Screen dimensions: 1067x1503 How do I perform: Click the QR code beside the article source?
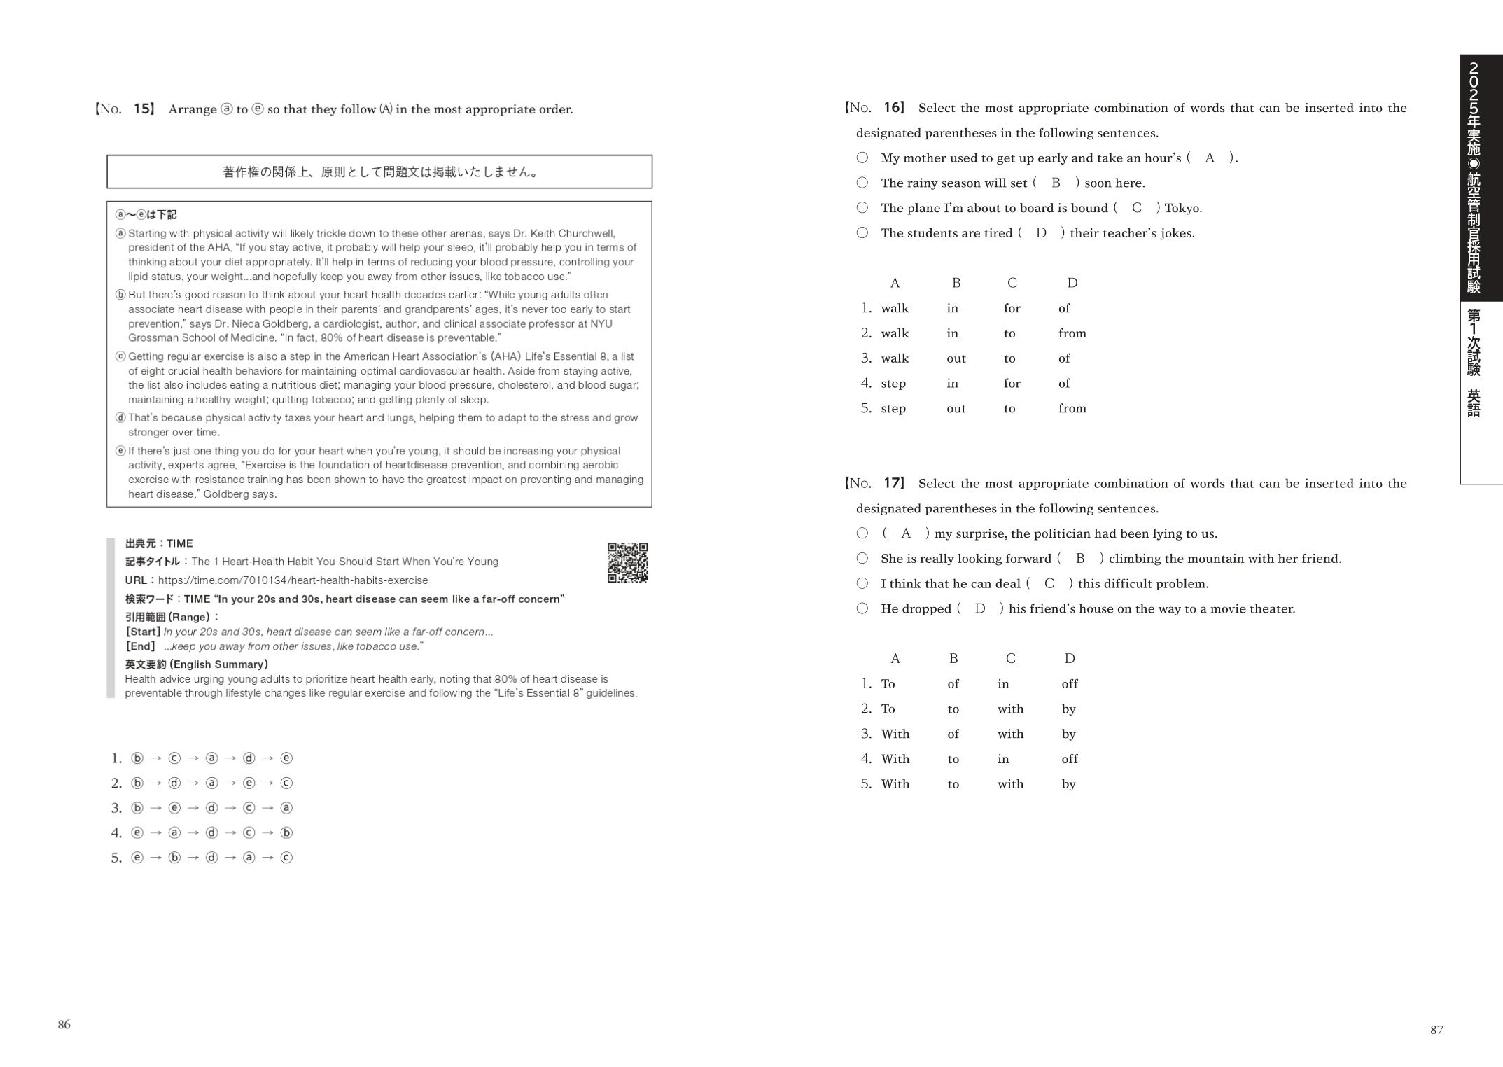click(x=627, y=562)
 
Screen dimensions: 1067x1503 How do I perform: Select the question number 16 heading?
click(x=876, y=108)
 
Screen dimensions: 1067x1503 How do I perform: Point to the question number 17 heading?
click(x=876, y=483)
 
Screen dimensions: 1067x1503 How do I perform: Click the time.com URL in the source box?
click(x=293, y=580)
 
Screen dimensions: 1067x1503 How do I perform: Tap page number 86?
click(x=64, y=1024)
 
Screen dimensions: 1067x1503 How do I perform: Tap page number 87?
click(x=1436, y=1030)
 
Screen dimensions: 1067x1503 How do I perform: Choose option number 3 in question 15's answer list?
click(x=116, y=808)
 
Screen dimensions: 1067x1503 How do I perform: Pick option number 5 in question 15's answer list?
click(x=116, y=858)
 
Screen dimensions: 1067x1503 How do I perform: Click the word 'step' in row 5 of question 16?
click(x=893, y=408)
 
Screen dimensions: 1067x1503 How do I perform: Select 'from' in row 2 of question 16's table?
click(x=1072, y=333)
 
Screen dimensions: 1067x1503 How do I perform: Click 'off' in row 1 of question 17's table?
click(x=1069, y=683)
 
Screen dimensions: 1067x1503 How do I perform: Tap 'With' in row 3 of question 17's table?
click(x=895, y=734)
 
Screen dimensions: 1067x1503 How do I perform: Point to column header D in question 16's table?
click(x=1072, y=283)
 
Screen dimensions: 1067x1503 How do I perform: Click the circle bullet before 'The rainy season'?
click(x=862, y=183)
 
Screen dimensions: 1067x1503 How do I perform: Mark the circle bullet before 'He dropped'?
click(x=862, y=608)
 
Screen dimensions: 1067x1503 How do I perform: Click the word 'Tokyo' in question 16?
click(x=1182, y=208)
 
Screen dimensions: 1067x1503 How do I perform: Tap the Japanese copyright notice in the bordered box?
click(x=379, y=172)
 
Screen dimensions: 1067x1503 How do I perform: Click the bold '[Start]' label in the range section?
click(x=144, y=632)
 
